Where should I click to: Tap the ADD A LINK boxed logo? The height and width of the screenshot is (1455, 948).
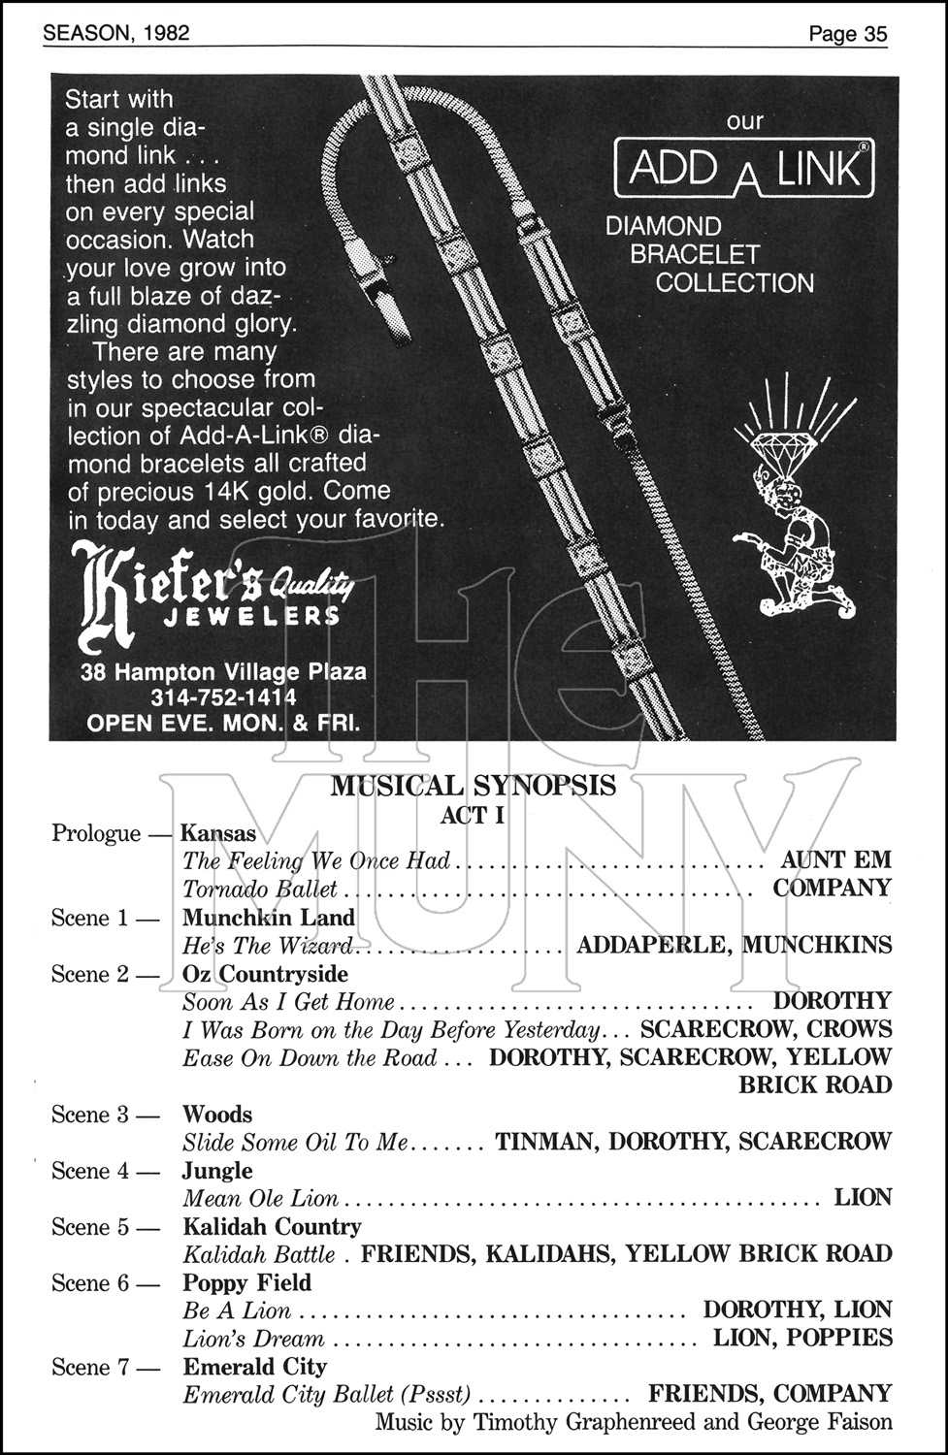[x=744, y=168]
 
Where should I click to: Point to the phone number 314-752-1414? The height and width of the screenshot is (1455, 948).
[x=224, y=697]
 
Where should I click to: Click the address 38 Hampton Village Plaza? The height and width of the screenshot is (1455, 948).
[x=224, y=672]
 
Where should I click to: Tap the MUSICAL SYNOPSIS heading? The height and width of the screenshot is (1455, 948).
[x=473, y=785]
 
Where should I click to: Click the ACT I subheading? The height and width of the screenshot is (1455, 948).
[x=473, y=815]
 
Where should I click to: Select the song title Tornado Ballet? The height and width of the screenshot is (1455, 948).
[x=260, y=889]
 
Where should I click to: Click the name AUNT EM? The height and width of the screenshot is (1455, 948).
[x=835, y=860]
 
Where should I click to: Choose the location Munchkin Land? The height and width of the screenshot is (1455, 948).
[x=269, y=917]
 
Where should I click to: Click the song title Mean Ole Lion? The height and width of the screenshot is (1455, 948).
[x=260, y=1199]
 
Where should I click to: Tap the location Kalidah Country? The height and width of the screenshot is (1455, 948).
[x=272, y=1227]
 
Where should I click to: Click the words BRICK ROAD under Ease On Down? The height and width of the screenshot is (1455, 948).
[x=814, y=1085]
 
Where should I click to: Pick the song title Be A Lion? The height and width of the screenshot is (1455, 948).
[x=237, y=1311]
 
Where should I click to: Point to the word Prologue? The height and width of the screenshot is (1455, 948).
[x=96, y=833]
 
